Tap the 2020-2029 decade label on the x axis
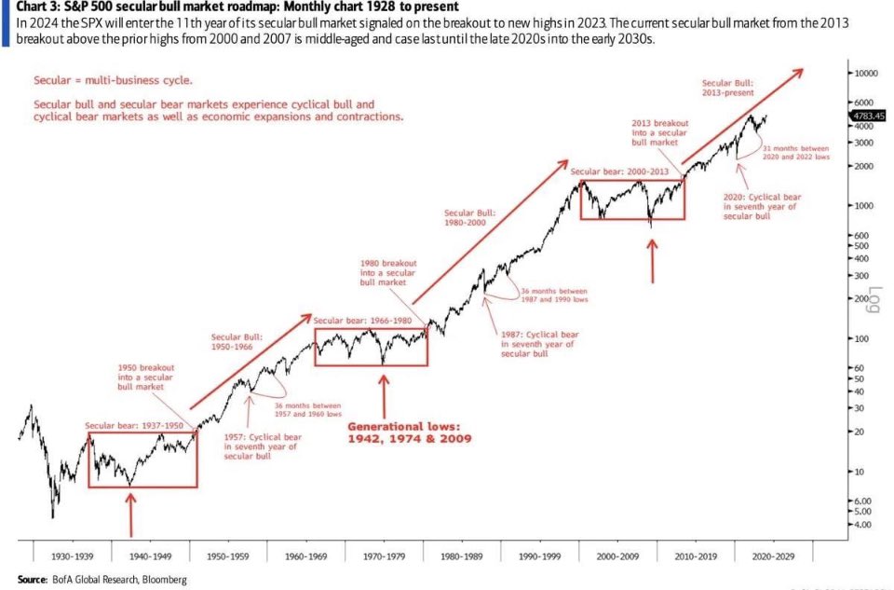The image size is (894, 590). [768, 555]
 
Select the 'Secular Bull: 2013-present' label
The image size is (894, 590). [728, 88]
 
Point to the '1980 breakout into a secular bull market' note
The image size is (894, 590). [387, 272]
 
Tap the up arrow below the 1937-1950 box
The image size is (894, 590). [130, 514]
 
